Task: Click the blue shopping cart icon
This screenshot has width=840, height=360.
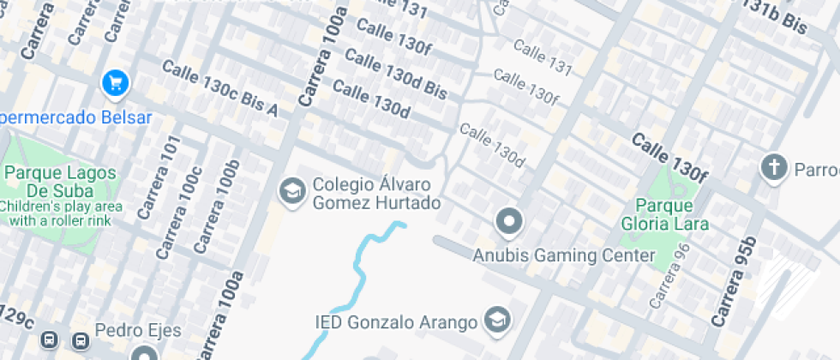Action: [x=116, y=83]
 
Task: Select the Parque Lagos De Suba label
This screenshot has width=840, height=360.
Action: [x=60, y=181]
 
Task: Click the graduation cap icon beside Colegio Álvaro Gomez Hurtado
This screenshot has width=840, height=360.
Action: [x=293, y=192]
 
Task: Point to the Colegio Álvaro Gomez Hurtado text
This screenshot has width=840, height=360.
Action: [x=376, y=194]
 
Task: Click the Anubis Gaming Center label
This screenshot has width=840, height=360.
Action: [x=564, y=255]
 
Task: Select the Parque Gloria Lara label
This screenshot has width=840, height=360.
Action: [x=672, y=216]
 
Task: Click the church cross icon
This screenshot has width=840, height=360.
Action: [x=773, y=167]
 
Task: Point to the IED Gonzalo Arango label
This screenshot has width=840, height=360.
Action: [x=395, y=322]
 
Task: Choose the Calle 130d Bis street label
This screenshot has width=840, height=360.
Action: [x=396, y=73]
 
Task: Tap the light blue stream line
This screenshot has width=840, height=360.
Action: [x=357, y=274]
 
